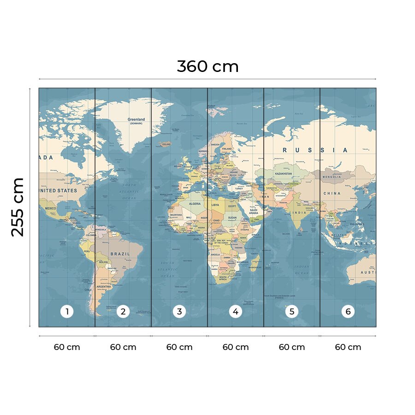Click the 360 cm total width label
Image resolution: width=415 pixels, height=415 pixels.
click(x=207, y=66)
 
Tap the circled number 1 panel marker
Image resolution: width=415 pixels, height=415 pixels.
click(x=67, y=312)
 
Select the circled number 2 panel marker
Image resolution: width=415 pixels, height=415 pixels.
click(x=123, y=312)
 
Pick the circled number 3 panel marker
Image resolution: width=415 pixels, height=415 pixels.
click(x=179, y=312)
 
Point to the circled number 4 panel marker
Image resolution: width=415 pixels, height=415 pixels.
click(x=236, y=312)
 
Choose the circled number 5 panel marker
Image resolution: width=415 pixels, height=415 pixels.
click(x=292, y=312)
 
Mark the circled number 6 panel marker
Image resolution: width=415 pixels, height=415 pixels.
click(x=348, y=312)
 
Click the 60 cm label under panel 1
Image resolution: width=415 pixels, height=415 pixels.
click(x=67, y=347)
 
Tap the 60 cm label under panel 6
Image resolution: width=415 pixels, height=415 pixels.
click(x=348, y=347)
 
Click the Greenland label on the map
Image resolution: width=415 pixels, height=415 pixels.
click(x=136, y=119)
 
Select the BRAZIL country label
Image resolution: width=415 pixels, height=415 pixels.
click(x=119, y=254)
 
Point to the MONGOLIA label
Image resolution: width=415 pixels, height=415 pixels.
click(x=332, y=177)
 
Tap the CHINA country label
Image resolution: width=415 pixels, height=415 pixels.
click(x=332, y=193)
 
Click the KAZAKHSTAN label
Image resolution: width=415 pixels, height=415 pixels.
click(x=283, y=174)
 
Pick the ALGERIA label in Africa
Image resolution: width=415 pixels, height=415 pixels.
click(x=195, y=203)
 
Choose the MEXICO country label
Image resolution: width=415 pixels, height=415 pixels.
click(x=50, y=208)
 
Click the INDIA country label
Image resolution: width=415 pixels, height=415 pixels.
click(x=298, y=213)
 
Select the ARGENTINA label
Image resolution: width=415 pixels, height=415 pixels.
click(x=104, y=286)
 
